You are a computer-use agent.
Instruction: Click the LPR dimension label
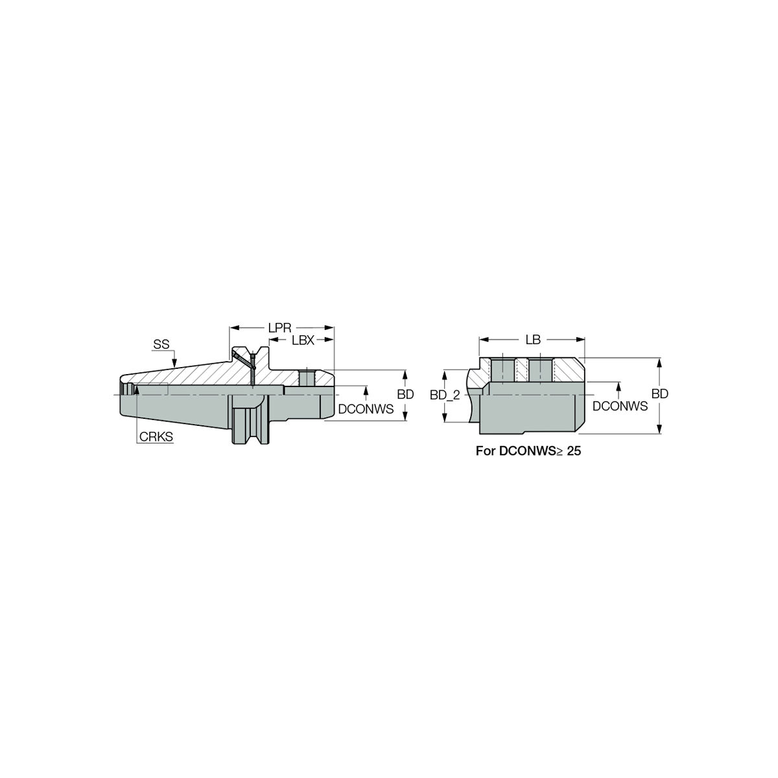(280, 327)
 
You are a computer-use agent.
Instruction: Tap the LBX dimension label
(303, 340)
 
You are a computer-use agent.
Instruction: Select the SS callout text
(161, 344)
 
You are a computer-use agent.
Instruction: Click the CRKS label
(156, 436)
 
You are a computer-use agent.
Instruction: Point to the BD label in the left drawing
(405, 394)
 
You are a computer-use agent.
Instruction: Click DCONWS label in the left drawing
(366, 409)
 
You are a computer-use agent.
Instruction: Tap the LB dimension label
(533, 340)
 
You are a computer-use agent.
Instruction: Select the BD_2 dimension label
(445, 395)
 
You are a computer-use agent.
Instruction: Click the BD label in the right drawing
(660, 394)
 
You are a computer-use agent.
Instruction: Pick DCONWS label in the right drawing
(620, 406)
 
